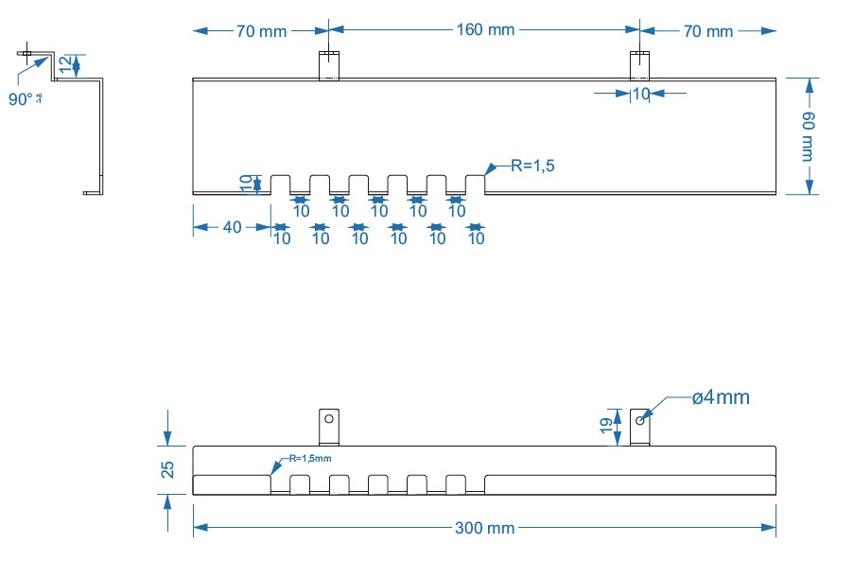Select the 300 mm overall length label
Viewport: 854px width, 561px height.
tap(484, 528)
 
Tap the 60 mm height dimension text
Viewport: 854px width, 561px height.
tap(810, 136)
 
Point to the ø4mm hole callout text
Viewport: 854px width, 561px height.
tap(720, 398)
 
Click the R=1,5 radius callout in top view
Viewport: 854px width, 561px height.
tap(532, 167)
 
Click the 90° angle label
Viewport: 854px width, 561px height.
tap(22, 99)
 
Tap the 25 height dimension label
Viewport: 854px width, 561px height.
tap(167, 470)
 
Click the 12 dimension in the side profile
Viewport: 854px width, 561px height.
tap(63, 65)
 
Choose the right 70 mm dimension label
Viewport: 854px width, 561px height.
tap(707, 32)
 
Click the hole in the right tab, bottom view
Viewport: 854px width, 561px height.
tap(640, 419)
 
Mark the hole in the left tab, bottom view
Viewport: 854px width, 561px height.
tap(328, 417)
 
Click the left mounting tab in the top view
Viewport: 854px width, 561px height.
tap(327, 65)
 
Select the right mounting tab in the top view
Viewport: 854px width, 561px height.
tap(640, 65)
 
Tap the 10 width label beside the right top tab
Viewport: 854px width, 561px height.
tap(641, 94)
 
